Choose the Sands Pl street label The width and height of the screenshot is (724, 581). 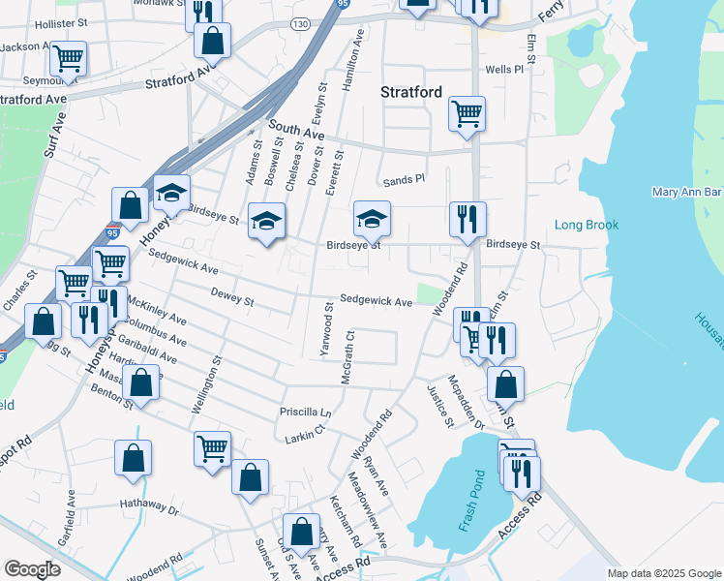[x=404, y=179]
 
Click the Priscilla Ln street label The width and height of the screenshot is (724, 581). [x=306, y=412]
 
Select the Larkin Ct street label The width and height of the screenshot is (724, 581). [x=305, y=439]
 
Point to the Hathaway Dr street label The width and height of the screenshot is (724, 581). [x=150, y=505]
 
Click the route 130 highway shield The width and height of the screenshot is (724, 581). [x=302, y=22]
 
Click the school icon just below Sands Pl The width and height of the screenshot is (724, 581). [x=371, y=220]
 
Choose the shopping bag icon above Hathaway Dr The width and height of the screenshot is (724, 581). [x=134, y=458]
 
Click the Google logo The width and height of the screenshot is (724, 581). [x=32, y=569]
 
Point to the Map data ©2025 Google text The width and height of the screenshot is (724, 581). [x=664, y=573]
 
